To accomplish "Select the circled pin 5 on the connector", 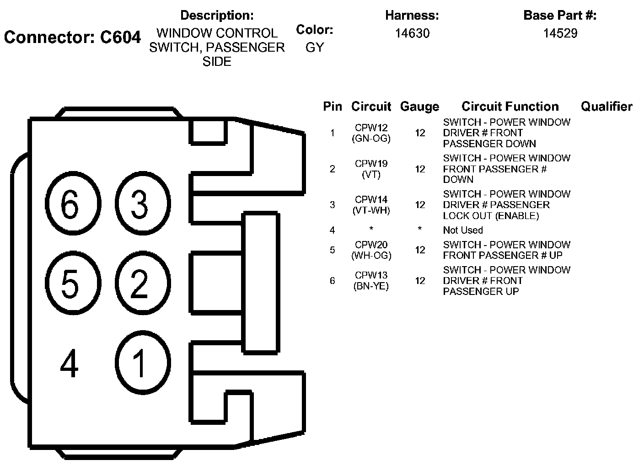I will click(70, 284).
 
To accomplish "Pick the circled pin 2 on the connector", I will click(139, 284).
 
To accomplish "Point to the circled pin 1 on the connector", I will click(139, 363).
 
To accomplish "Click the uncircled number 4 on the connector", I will click(70, 364).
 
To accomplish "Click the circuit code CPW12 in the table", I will click(371, 128).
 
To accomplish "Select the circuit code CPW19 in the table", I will click(371, 164).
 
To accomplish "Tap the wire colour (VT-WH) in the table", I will click(371, 210).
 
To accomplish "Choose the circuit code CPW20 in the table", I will click(371, 245).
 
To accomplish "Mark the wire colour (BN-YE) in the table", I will click(371, 286).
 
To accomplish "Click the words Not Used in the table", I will click(463, 230).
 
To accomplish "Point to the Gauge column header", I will click(419, 107).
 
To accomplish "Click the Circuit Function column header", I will click(510, 107).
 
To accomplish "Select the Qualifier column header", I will click(606, 107).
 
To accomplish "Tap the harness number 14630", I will click(412, 33).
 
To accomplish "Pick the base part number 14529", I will click(560, 33).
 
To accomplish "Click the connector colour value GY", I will click(315, 47).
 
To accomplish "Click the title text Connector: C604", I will click(72, 37).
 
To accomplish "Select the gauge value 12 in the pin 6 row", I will click(420, 281).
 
